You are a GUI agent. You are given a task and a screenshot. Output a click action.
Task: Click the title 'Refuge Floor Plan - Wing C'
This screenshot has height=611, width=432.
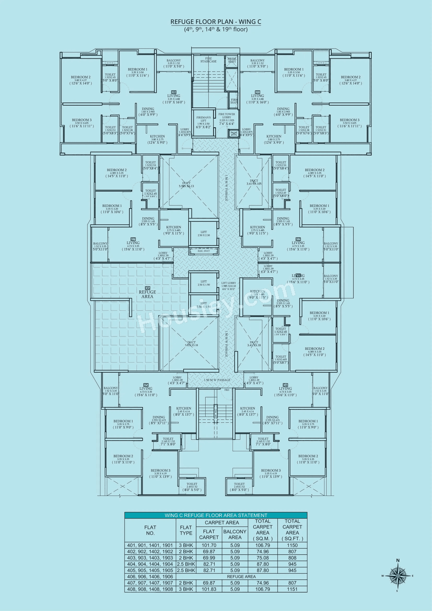216,22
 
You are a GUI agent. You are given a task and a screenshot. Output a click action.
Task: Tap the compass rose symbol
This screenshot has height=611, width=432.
398,576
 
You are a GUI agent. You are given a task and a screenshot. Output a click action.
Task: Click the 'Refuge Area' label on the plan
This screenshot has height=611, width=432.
147,294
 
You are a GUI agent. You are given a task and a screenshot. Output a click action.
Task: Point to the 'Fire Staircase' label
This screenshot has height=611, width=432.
208,60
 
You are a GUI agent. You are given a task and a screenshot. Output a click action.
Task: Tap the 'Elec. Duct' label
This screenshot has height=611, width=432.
204,251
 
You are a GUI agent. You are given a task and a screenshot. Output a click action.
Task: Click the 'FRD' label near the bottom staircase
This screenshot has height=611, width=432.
227,390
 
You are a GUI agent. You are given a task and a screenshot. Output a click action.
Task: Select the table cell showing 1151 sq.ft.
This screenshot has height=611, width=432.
292,589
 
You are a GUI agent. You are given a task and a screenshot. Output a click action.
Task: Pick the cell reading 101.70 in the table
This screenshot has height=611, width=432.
209,545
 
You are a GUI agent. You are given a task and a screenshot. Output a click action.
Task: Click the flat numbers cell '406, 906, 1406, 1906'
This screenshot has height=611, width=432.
150,577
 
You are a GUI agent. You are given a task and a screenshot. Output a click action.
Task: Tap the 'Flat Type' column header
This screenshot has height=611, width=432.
186,530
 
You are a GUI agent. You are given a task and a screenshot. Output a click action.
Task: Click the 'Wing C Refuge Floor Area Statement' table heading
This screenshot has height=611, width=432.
216,515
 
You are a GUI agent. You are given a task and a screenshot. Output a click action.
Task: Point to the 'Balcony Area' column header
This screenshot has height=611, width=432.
235,534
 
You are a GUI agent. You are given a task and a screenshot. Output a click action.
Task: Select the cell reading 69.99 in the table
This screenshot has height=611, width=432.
209,558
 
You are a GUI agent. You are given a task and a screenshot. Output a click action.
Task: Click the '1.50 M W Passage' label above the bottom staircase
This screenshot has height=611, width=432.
217,380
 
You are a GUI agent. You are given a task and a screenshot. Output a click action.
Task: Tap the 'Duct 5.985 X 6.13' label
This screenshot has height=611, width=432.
186,185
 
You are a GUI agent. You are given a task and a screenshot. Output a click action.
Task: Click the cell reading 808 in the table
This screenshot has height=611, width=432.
292,558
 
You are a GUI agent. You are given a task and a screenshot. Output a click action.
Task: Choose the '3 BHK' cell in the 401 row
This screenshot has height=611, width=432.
186,545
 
